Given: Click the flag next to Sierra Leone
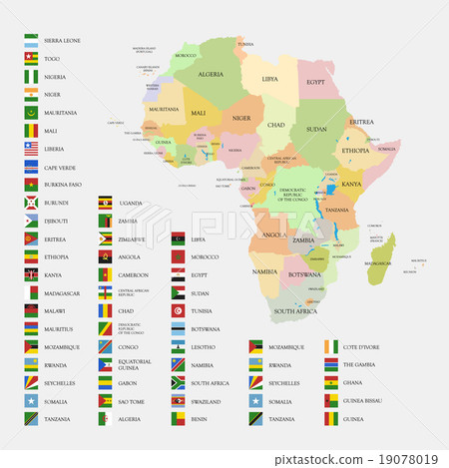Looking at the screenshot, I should point(31,41).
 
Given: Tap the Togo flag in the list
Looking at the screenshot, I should point(31,59).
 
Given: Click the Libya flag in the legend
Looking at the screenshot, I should point(178,238).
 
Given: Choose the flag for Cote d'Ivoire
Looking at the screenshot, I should point(331,346).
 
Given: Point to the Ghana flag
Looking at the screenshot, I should point(331,382).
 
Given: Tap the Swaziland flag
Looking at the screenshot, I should point(178,400).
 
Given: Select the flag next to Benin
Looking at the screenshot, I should point(178,419).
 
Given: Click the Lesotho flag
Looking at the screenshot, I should point(178,346).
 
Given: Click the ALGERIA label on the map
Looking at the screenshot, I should point(211,74).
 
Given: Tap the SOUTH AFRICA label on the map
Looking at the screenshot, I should point(294,312).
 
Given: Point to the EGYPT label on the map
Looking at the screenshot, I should point(315,82).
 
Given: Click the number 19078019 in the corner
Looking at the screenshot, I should point(411,460).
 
